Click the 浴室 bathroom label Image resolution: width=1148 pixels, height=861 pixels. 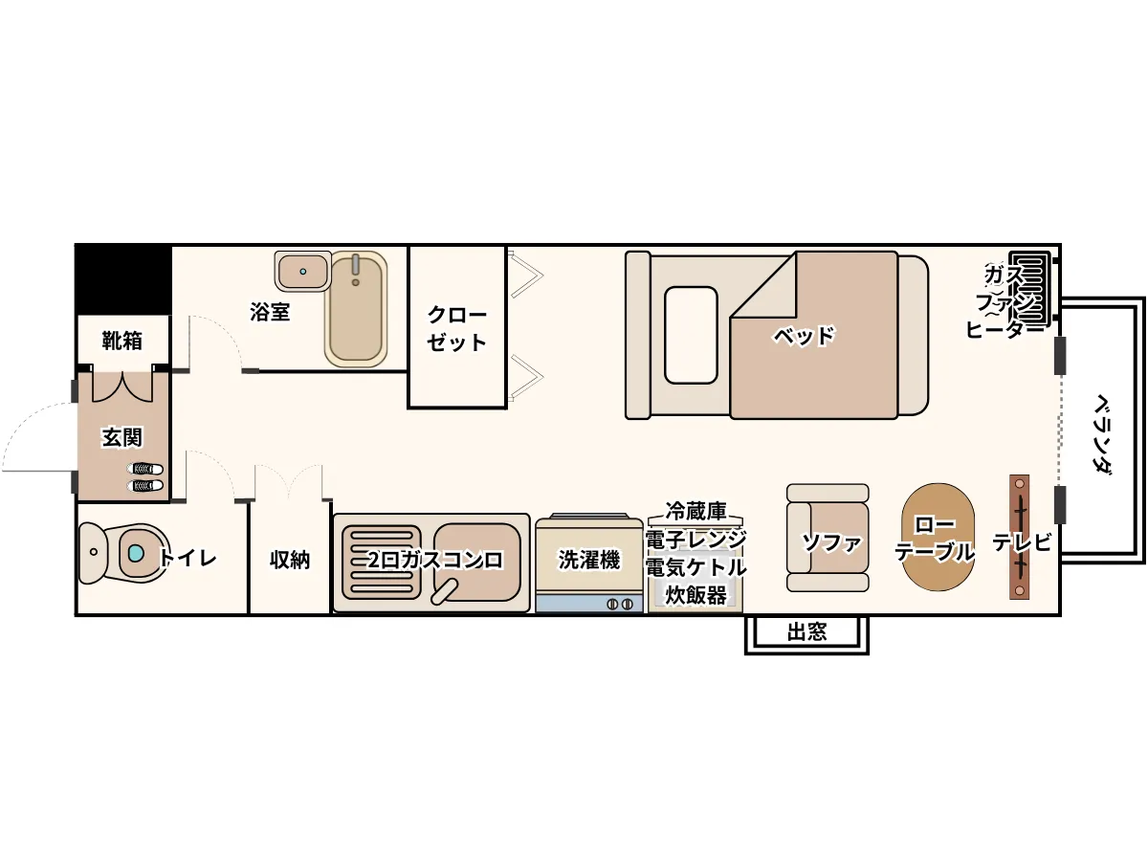270,312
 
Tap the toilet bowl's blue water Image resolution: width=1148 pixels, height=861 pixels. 136,552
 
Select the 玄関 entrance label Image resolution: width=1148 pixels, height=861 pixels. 121,437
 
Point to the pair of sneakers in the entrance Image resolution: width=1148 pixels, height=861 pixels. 144,477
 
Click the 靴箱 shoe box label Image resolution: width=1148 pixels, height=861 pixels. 121,341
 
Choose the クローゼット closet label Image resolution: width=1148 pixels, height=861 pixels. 456,329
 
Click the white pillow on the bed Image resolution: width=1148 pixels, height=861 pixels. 691,335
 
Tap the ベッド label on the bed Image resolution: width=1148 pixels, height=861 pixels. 804,336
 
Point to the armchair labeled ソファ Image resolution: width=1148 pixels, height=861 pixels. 828,538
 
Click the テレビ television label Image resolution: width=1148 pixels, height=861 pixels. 1022,542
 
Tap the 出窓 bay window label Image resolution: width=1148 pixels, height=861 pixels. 806,632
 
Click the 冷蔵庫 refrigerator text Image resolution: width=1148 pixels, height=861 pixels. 695,511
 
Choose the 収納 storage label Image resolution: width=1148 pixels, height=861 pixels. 290,560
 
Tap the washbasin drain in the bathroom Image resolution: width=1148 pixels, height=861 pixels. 303,272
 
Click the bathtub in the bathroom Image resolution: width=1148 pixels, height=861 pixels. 356,308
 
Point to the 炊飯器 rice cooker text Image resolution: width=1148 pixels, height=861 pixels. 695,595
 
